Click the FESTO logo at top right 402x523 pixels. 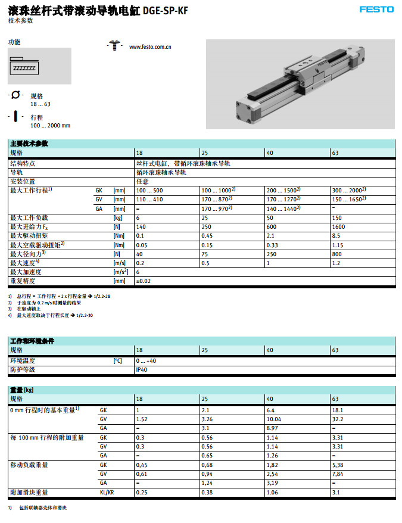tap(376, 9)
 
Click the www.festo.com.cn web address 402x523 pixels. tap(151, 46)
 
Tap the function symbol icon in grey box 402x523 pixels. tap(24, 67)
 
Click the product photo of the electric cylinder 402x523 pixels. tap(300, 83)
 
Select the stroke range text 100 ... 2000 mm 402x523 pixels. tap(50, 126)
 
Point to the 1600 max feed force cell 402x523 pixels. tap(339, 227)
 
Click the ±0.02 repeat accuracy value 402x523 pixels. tap(143, 281)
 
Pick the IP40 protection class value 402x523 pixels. tap(142, 370)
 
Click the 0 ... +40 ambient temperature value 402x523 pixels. tap(146, 361)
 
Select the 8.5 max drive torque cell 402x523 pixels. tap(336, 236)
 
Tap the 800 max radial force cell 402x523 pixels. tap(337, 254)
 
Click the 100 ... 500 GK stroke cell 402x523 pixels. tap(149, 190)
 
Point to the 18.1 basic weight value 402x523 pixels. tap(337, 410)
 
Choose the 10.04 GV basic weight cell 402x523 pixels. tap(274, 419)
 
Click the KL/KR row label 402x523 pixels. tap(107, 493)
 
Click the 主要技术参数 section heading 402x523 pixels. tap(29, 144)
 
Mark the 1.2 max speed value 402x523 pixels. tap(335, 263)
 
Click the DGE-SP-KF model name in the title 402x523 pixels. tap(166, 10)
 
